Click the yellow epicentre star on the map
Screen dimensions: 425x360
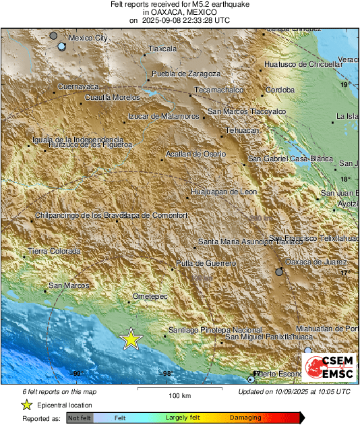point(131,340)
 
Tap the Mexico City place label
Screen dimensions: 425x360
point(88,38)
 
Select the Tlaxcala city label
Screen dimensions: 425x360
point(162,49)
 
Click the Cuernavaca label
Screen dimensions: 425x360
point(79,87)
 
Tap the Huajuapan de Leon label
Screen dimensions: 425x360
point(224,192)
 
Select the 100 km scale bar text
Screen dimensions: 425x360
point(179,395)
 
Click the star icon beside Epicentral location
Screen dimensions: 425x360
point(26,405)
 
